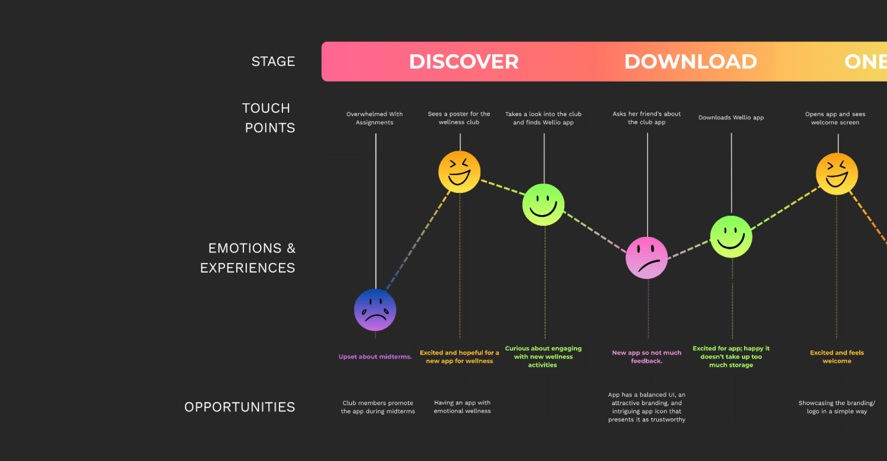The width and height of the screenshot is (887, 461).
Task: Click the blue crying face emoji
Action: [x=375, y=310]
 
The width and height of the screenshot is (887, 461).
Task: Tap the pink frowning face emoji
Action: [x=646, y=258]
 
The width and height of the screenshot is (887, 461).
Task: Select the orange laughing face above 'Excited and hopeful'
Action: [x=459, y=172]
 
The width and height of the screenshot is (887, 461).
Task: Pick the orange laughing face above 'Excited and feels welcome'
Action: [x=837, y=174]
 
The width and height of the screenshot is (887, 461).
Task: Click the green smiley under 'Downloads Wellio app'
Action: [x=731, y=237]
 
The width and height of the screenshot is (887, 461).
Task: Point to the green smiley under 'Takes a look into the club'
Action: [x=543, y=205]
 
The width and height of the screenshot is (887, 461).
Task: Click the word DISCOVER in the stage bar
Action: [x=464, y=61]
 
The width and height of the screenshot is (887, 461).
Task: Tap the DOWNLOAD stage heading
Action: [x=690, y=61]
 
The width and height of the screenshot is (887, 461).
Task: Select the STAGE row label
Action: [x=273, y=61]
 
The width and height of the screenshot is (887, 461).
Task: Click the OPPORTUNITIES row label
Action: [x=240, y=407]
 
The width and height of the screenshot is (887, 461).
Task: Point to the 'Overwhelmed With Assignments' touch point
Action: [x=374, y=118]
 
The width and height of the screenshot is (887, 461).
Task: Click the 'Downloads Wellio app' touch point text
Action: [x=731, y=117]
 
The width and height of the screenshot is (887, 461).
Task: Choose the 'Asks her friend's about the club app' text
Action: [x=646, y=118]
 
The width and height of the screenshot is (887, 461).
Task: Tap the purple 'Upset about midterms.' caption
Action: [x=375, y=357]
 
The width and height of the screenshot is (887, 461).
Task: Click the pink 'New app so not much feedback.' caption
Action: [x=646, y=357]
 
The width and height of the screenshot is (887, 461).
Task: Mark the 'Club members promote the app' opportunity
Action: [x=378, y=407]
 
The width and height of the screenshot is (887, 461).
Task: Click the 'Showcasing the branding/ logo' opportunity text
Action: [x=837, y=407]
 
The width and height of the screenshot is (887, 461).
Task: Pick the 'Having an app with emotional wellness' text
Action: [x=462, y=407]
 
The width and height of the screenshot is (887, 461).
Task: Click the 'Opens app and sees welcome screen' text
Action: [x=835, y=118]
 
